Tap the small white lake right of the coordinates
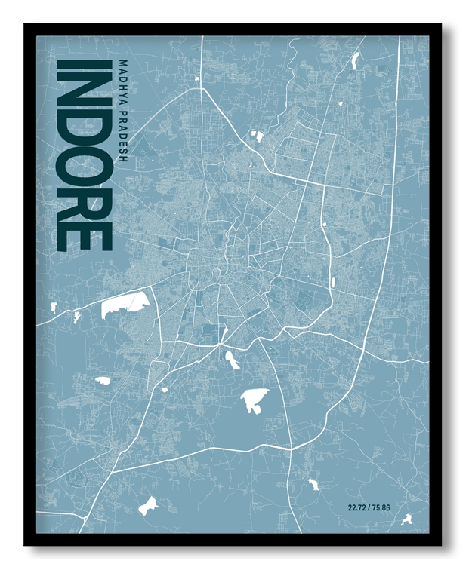point(407,519)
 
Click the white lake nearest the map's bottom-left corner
point(148,505)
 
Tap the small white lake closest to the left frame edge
point(53,307)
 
